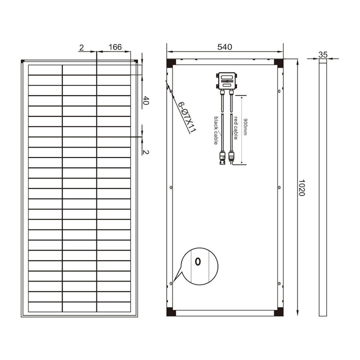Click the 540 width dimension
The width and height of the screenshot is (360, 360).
[224, 47]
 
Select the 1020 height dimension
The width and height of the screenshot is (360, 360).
[301, 187]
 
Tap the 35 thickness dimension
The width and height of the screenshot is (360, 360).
[322, 54]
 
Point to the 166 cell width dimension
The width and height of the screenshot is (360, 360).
[115, 47]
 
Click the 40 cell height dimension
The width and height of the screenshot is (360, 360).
[146, 100]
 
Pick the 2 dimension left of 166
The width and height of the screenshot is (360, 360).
[81, 47]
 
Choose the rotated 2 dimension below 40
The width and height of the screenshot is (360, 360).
[146, 151]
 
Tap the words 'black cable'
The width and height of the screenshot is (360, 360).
[216, 130]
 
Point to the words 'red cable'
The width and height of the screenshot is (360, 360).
[235, 127]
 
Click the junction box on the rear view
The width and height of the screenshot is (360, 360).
[226, 80]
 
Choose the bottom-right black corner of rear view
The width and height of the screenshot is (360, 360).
[278, 312]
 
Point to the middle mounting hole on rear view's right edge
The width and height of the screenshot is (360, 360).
[278, 187]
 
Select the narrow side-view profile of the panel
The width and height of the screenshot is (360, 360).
[323, 187]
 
